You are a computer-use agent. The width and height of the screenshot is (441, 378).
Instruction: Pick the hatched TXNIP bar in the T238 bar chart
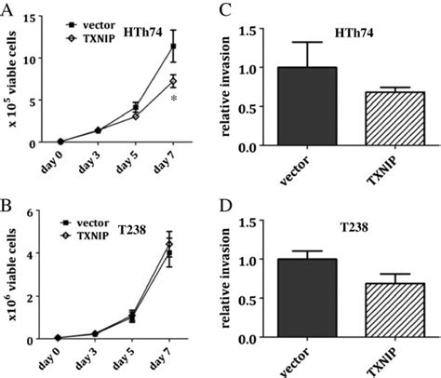[x=380, y=310]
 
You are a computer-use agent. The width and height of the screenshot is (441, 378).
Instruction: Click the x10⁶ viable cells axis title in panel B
[x=13, y=275]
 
